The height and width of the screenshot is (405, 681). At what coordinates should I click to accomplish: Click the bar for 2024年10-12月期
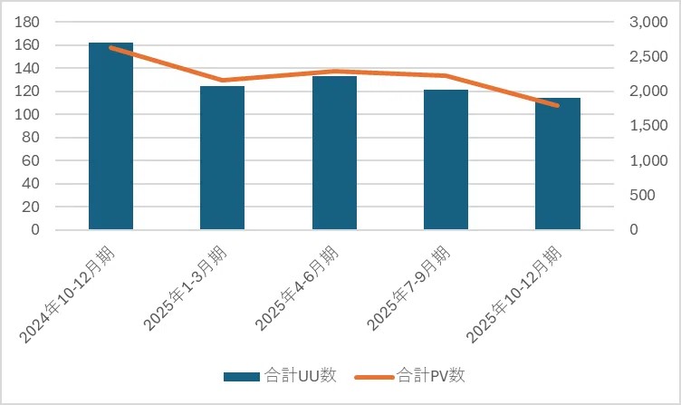tap(110, 136)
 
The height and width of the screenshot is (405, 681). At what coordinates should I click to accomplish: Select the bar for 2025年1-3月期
tap(222, 158)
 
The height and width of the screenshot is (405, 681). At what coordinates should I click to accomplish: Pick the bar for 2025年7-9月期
tap(446, 159)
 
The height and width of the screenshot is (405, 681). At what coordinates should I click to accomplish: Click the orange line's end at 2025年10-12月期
tap(558, 106)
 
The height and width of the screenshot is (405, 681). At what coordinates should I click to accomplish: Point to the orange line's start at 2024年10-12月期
tap(110, 47)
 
